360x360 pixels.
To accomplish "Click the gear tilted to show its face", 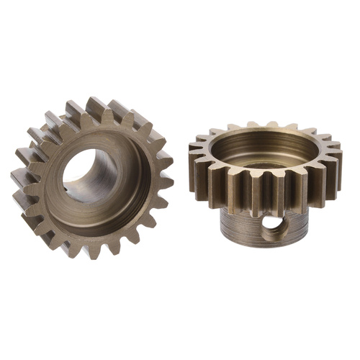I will (x=90, y=176).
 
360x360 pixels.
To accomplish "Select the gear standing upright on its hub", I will (x=263, y=180).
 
